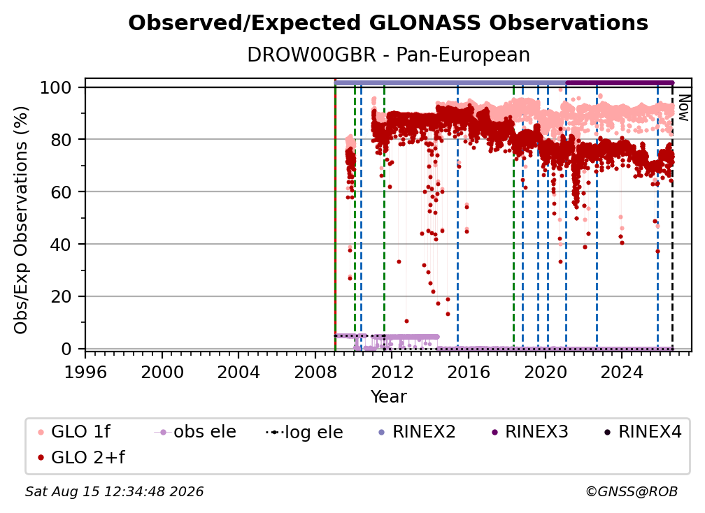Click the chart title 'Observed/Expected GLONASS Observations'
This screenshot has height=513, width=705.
point(388,23)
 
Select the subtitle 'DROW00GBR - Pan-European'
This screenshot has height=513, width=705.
point(388,55)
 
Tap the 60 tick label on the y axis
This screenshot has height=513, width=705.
point(61,192)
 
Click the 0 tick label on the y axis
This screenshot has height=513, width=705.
point(66,349)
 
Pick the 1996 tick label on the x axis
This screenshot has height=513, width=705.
point(85,373)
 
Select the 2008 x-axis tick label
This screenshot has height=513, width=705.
point(315,373)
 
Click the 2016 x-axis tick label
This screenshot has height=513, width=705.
point(469,373)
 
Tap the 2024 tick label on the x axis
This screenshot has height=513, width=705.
point(622,373)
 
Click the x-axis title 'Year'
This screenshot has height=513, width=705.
point(388,397)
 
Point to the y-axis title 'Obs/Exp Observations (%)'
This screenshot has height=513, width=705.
point(21,220)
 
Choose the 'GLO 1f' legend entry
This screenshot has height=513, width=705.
point(74,432)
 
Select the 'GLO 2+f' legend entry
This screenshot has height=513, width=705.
point(81,458)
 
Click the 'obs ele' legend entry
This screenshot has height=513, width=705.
point(195,432)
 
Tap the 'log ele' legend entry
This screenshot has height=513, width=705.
point(304,433)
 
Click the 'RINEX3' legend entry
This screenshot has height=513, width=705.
point(529,432)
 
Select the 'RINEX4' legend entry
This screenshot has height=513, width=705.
point(643,432)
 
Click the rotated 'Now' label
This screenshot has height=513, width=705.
point(683,108)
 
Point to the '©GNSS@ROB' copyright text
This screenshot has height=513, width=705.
point(632,492)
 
